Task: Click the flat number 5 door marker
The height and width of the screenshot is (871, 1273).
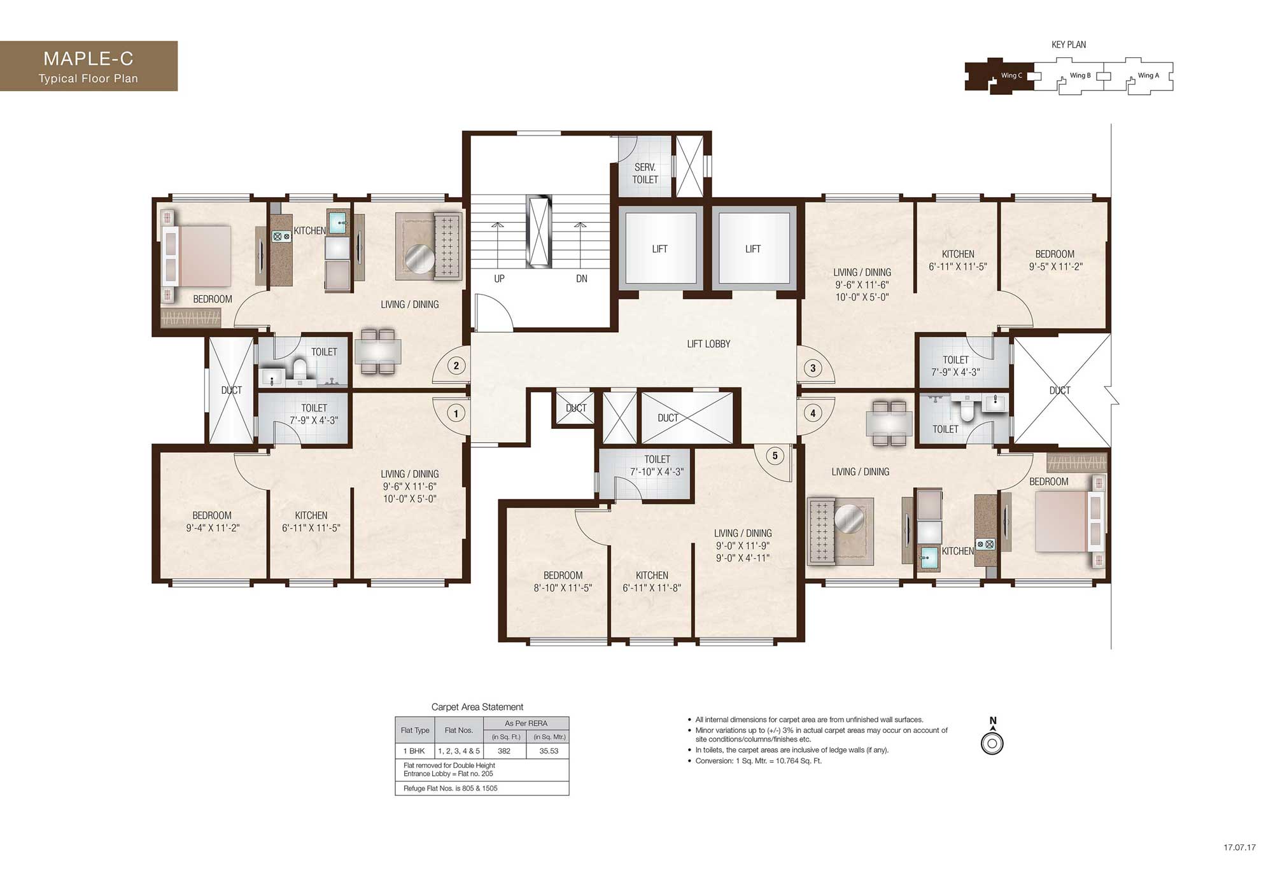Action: [775, 456]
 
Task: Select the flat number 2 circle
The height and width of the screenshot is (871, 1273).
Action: [456, 366]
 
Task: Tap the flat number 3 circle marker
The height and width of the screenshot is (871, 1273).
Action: [813, 368]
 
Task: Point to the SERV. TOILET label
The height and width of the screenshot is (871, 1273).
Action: [645, 173]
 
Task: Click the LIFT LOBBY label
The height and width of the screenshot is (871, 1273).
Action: [708, 344]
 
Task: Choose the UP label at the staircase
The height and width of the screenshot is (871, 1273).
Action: [500, 279]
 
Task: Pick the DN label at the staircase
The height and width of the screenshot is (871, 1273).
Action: [582, 279]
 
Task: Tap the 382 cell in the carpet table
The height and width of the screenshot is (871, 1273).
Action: [504, 751]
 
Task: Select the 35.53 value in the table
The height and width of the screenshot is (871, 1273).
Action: [549, 751]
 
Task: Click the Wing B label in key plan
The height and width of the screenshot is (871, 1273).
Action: [1080, 75]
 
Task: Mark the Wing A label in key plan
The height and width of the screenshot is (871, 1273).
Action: [1148, 75]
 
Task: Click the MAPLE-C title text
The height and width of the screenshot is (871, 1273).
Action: [88, 59]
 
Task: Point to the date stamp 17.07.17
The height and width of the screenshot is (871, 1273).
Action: [1239, 847]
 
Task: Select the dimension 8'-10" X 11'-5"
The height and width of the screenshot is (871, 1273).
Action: [563, 588]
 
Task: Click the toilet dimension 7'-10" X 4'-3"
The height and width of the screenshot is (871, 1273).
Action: [657, 472]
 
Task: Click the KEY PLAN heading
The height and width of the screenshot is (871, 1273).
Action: [1069, 45]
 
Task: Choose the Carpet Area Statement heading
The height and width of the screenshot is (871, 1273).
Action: [477, 707]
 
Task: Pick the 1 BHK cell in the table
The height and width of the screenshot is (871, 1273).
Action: [414, 751]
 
